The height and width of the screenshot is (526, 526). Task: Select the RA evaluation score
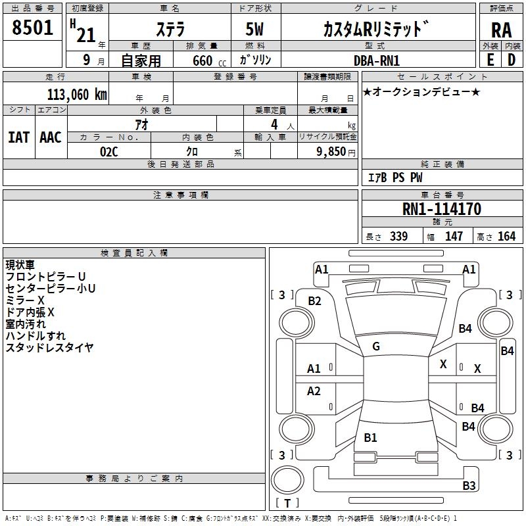(501, 30)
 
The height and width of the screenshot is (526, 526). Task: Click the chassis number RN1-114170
(441, 209)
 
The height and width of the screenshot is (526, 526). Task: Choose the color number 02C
(108, 151)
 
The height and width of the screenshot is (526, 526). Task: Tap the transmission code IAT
(18, 137)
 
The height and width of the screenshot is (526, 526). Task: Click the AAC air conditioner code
(51, 137)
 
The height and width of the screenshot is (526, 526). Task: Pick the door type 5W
(256, 30)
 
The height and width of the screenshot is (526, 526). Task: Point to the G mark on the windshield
(376, 347)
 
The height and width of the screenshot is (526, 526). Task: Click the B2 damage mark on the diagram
(315, 301)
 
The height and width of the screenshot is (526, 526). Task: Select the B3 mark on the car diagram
(469, 486)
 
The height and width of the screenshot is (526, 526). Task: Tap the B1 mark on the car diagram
(370, 437)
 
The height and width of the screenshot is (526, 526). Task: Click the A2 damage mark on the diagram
(314, 391)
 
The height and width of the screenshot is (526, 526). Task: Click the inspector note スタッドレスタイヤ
(49, 347)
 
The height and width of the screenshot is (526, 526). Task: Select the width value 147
(454, 236)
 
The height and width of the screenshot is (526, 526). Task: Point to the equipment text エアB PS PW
(395, 178)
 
